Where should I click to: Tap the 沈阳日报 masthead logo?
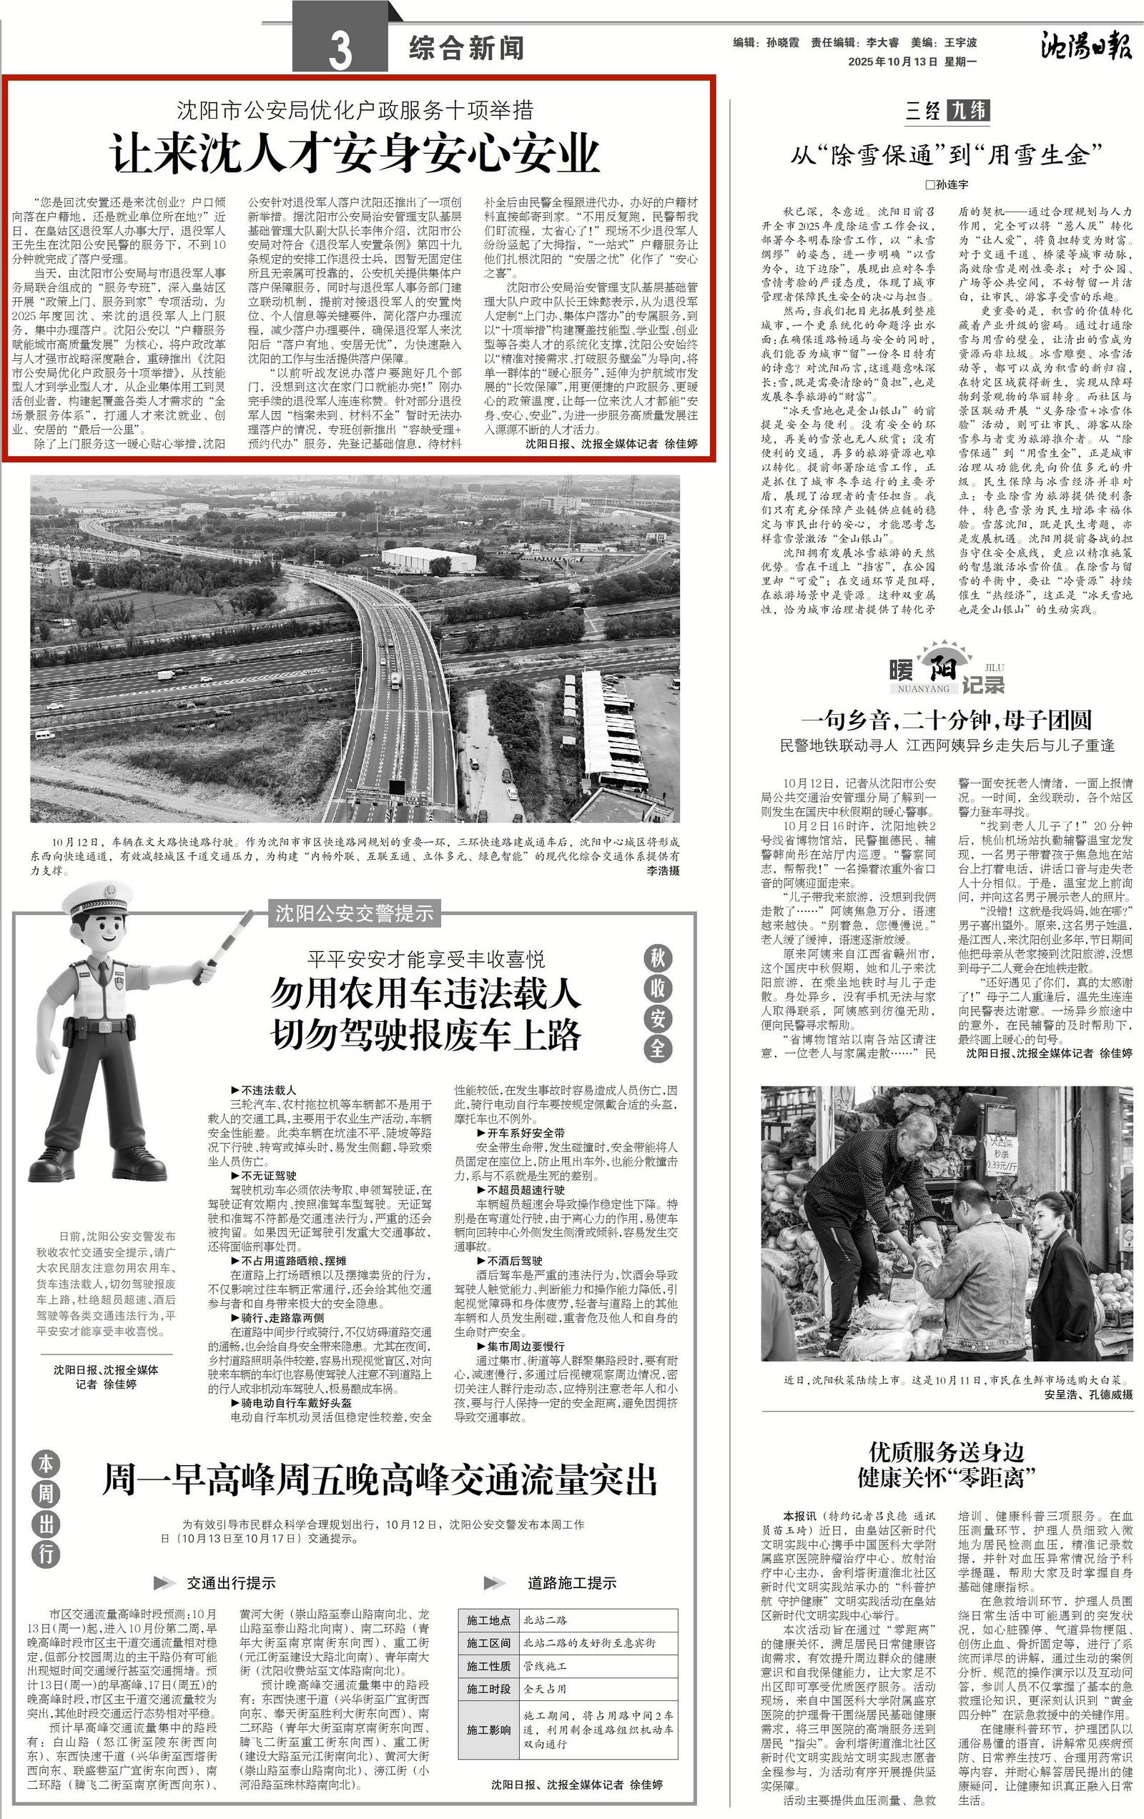tap(1086, 47)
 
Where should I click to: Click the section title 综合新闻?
tap(466, 49)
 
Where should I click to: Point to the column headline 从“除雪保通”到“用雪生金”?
tap(947, 155)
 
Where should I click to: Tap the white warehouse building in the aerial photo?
tap(428, 559)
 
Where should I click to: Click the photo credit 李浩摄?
tap(663, 871)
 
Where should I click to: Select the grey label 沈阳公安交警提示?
tap(355, 913)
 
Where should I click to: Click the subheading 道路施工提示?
tap(571, 1582)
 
